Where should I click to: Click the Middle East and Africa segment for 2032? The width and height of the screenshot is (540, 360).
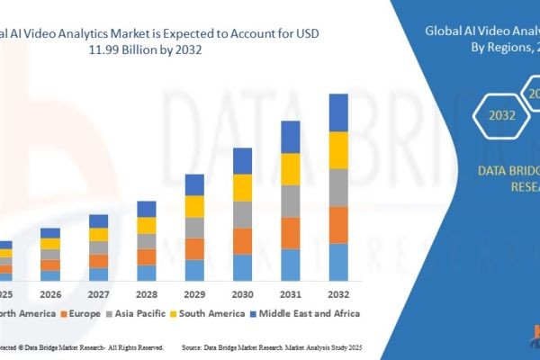pyautogui.click(x=337, y=112)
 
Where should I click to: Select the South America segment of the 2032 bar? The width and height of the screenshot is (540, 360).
pyautogui.click(x=337, y=150)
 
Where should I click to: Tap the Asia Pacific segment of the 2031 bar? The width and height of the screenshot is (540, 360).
pyautogui.click(x=290, y=201)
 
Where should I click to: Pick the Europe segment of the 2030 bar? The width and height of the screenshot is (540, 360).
pyautogui.click(x=242, y=240)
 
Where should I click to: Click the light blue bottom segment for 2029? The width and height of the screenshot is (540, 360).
pyautogui.click(x=194, y=270)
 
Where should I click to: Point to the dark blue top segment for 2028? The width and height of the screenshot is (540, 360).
pyautogui.click(x=147, y=209)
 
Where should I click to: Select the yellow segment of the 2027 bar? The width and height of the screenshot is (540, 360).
pyautogui.click(x=99, y=235)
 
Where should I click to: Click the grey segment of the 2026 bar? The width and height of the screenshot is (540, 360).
pyautogui.click(x=50, y=255)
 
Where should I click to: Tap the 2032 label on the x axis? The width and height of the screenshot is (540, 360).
pyautogui.click(x=337, y=293)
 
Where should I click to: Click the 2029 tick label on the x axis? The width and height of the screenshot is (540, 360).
pyautogui.click(x=194, y=293)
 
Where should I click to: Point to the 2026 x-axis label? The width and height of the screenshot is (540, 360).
pyautogui.click(x=50, y=293)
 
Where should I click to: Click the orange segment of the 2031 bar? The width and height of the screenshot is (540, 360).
pyautogui.click(x=290, y=233)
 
